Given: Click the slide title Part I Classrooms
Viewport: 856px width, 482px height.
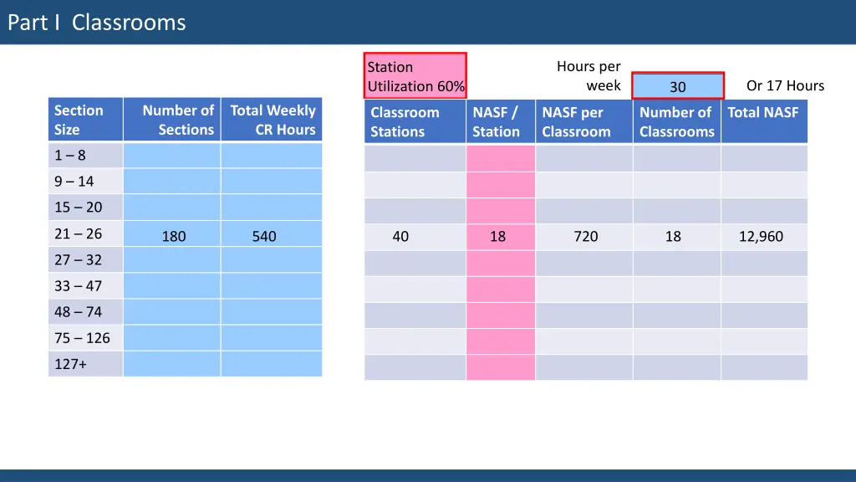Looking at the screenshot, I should (96, 23).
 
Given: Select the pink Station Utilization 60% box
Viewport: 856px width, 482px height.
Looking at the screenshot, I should (415, 76).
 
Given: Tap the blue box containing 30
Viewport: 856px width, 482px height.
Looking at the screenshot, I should (677, 86).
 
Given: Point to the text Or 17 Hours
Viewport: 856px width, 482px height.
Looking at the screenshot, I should (785, 85).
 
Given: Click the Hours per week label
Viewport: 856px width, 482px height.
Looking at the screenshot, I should (588, 76).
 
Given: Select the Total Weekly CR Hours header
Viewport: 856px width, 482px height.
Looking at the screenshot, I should (272, 120).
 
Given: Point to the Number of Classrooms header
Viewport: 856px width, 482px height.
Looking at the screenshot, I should (676, 122).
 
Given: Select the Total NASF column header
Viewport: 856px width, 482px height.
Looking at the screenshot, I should (763, 113).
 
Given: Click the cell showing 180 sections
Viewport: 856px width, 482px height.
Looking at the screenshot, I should (174, 236).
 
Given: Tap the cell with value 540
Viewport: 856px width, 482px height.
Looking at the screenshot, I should (264, 236).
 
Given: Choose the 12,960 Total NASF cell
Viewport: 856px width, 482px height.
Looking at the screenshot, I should (761, 236).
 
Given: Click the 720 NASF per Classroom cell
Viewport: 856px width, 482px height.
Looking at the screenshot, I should (585, 236).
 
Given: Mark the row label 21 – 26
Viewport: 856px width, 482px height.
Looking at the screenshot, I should (78, 234).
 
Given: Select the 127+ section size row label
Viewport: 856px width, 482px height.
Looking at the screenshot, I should (71, 363).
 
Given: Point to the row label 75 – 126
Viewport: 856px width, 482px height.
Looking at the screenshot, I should (82, 338).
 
